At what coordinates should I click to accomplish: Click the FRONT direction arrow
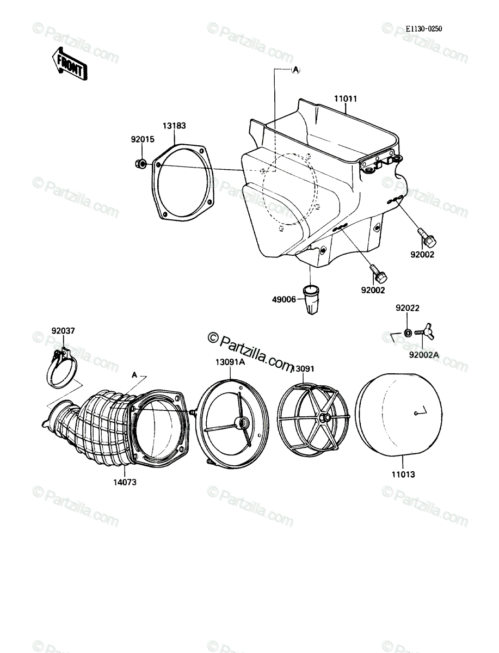tap(70, 64)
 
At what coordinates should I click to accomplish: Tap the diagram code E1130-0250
tap(424, 29)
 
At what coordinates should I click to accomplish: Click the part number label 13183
tap(174, 126)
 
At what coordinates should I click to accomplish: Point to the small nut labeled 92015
tap(140, 163)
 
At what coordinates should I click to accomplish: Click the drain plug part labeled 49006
tap(311, 299)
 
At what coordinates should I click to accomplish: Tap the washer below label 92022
tap(408, 332)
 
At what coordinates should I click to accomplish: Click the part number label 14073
tap(125, 482)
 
